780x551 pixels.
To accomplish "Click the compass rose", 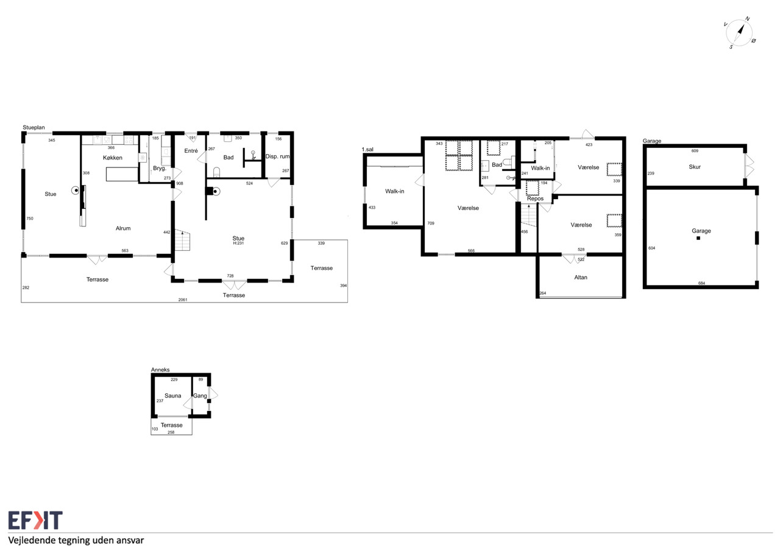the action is [x=739, y=33].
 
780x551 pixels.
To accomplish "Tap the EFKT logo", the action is [x=35, y=520].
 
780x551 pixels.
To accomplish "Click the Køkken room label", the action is [x=113, y=158].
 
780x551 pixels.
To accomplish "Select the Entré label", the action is [x=191, y=150].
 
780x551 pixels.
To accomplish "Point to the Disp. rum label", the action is [x=277, y=156].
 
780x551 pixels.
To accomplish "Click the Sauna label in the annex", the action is [x=172, y=396].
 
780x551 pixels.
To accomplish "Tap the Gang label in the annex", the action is [x=200, y=396].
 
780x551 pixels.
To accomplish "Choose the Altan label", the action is [x=581, y=277].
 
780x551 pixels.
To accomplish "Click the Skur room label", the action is [x=694, y=167].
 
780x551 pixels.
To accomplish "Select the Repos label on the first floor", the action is [x=535, y=198].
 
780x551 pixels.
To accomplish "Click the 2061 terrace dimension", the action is [x=183, y=300].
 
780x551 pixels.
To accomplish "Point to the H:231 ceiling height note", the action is [x=238, y=243].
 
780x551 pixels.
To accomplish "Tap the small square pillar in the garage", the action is [x=698, y=238].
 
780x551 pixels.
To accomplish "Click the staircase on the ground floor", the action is [x=182, y=240].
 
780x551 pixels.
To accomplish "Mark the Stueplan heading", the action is [x=34, y=127].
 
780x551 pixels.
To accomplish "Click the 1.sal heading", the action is [x=367, y=149].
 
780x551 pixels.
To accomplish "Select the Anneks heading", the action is [x=160, y=370].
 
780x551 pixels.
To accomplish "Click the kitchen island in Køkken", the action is [x=122, y=174].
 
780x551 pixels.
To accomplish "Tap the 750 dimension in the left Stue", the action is [x=30, y=219].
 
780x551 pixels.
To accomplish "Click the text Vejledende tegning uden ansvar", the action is [x=76, y=540].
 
